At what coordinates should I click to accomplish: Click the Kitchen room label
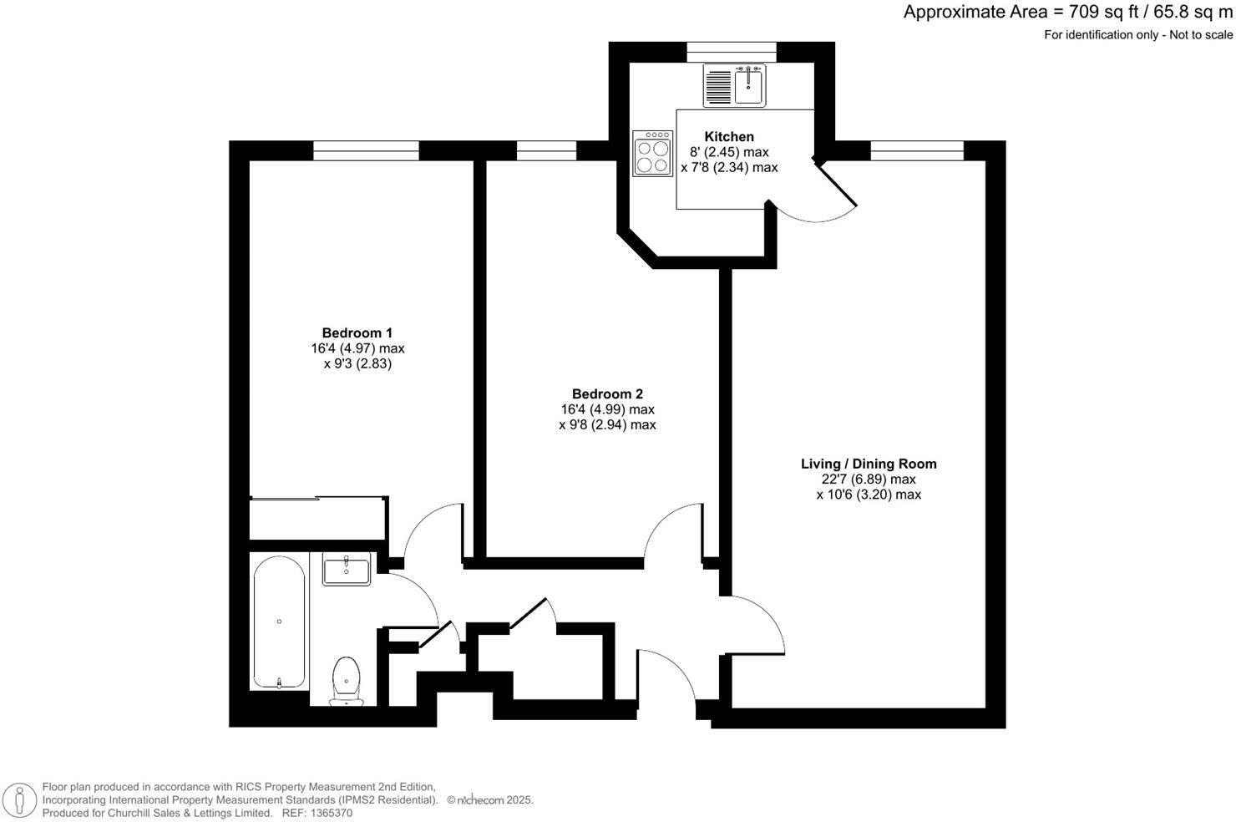click(x=729, y=137)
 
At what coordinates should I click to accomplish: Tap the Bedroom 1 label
click(x=357, y=333)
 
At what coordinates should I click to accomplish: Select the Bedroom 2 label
click(x=607, y=394)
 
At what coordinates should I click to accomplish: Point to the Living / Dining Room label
click(x=869, y=464)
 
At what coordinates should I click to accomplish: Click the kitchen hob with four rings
click(x=652, y=154)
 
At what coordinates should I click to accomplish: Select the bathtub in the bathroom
click(x=279, y=620)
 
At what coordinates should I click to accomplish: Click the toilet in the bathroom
click(x=346, y=678)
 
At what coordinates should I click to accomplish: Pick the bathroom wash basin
click(x=346, y=571)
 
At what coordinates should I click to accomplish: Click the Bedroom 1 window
click(x=366, y=150)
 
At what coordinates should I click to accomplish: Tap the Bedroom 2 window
click(x=546, y=150)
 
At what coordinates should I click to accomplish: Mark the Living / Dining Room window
click(x=916, y=150)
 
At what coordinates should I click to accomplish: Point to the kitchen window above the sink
click(x=731, y=52)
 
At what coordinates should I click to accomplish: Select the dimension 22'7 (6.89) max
click(x=869, y=479)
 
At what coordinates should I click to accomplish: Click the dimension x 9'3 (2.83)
click(x=357, y=364)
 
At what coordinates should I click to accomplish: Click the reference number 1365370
click(x=330, y=813)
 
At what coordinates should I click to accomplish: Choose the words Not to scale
click(x=1200, y=35)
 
